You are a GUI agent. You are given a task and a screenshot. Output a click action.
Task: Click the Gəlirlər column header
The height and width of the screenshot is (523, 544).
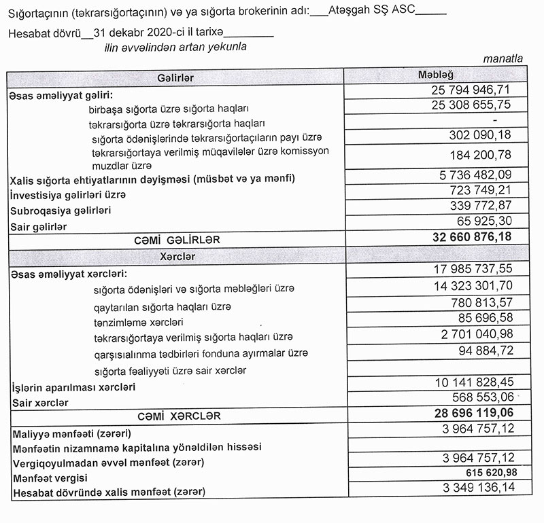pyautogui.click(x=175, y=78)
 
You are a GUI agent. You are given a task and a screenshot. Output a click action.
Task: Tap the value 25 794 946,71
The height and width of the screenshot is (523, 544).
pyautogui.click(x=471, y=90)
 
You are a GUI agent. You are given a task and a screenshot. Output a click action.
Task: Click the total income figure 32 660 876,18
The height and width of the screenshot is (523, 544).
pyautogui.click(x=471, y=237)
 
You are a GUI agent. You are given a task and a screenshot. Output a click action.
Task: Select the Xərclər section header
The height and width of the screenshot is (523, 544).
pyautogui.click(x=175, y=257)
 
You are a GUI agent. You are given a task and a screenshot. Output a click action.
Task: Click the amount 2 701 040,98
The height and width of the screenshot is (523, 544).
pyautogui.click(x=475, y=333)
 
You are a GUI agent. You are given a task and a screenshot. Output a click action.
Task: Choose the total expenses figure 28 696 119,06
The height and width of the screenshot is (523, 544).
pyautogui.click(x=471, y=412)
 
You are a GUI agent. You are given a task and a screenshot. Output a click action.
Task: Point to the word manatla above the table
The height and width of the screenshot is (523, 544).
pyautogui.click(x=503, y=59)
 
